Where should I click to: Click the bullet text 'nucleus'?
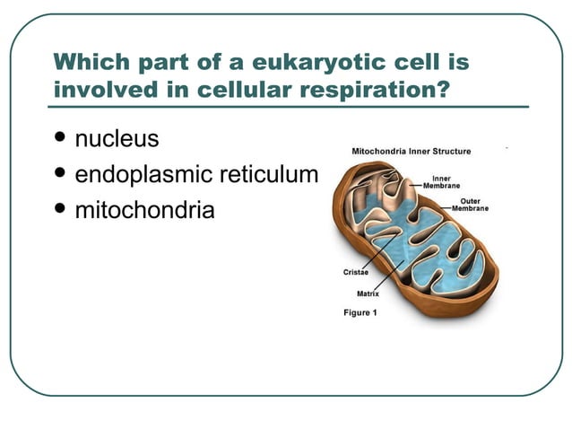(x=117, y=139)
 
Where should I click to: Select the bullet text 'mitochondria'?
(x=144, y=211)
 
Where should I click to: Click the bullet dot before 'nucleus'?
(x=60, y=139)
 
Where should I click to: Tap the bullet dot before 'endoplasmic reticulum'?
(x=60, y=174)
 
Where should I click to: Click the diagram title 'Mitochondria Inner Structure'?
(x=412, y=151)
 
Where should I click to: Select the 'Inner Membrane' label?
(x=441, y=181)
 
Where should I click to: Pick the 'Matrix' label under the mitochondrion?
(x=368, y=293)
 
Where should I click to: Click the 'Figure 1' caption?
(x=360, y=312)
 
